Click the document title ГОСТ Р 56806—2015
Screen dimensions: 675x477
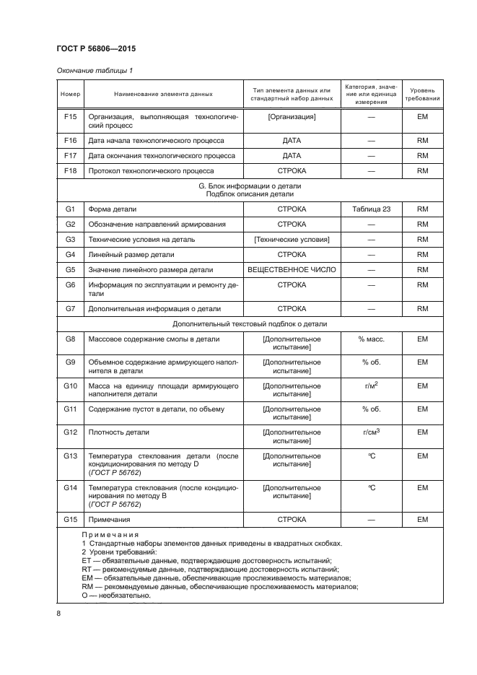(95, 48)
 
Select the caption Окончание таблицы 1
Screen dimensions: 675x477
(95, 71)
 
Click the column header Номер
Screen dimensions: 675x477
(70, 94)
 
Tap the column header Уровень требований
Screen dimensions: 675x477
(422, 94)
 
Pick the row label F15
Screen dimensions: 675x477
(70, 116)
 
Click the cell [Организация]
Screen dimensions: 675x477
(292, 116)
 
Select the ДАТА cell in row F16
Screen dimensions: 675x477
(292, 141)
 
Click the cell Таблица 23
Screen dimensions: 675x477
(372, 209)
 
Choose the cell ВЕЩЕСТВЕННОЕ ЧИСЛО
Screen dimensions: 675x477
(292, 270)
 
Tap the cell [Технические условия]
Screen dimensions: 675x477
(292, 240)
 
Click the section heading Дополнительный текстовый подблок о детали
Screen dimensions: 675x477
(250, 324)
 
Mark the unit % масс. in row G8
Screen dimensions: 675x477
(372, 339)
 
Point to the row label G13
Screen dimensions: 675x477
(70, 456)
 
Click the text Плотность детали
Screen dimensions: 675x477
(118, 432)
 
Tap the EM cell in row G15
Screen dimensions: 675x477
(422, 520)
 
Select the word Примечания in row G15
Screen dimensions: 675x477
(109, 520)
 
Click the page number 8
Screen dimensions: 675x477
(58, 614)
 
